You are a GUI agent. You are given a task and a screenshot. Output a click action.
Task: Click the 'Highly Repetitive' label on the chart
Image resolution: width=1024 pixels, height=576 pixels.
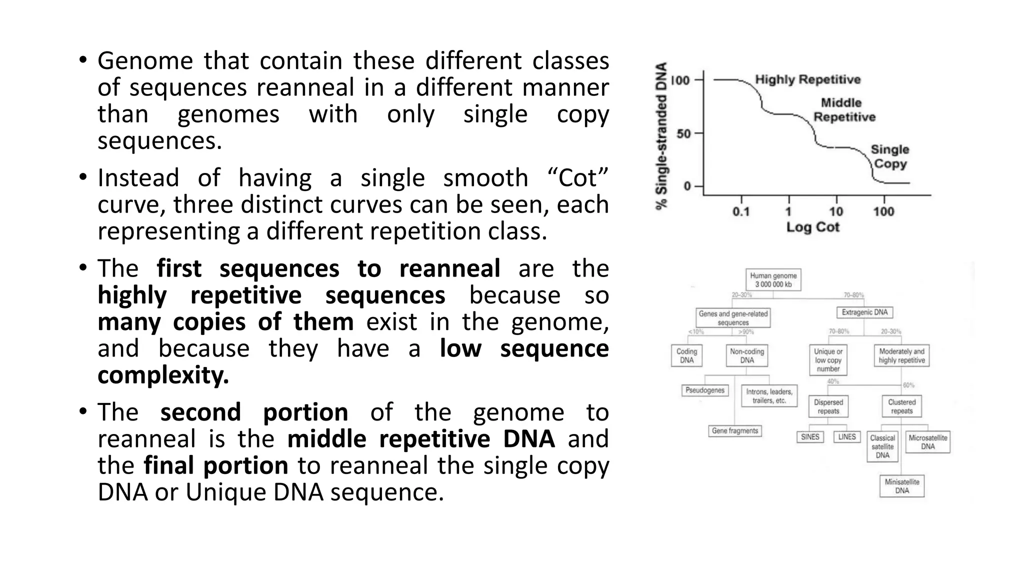pyautogui.click(x=807, y=79)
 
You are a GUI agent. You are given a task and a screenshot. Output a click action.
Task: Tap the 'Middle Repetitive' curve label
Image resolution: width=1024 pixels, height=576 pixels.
pyautogui.click(x=844, y=110)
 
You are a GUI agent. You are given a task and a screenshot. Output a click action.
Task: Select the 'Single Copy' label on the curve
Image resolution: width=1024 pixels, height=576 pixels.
pyautogui.click(x=889, y=156)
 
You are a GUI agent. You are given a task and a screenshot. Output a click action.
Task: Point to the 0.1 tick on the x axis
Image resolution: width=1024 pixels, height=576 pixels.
pyautogui.click(x=741, y=211)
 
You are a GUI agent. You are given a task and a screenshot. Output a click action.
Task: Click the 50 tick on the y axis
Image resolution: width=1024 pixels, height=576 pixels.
pyautogui.click(x=683, y=133)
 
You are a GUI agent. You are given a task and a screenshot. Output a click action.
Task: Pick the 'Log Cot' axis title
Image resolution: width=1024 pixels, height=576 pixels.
pyautogui.click(x=812, y=227)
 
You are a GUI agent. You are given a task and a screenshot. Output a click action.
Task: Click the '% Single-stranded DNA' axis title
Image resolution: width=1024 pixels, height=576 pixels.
pyautogui.click(x=662, y=136)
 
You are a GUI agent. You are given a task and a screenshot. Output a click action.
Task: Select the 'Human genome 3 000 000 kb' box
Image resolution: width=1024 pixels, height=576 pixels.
pyautogui.click(x=773, y=280)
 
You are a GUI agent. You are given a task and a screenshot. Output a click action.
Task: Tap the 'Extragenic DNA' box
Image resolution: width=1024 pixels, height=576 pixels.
pyautogui.click(x=864, y=312)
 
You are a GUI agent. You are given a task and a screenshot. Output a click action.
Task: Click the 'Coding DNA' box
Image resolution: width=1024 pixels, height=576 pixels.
pyautogui.click(x=686, y=356)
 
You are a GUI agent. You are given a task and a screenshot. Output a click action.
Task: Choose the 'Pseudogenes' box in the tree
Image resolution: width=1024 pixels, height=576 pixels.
pyautogui.click(x=705, y=390)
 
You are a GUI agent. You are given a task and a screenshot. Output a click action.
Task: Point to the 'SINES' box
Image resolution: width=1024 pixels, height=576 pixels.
pyautogui.click(x=810, y=437)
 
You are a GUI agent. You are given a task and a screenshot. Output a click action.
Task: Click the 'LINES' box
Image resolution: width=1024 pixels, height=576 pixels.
pyautogui.click(x=847, y=437)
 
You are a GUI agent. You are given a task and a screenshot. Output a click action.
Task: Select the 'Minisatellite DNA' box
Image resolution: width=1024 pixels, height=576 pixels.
pyautogui.click(x=902, y=486)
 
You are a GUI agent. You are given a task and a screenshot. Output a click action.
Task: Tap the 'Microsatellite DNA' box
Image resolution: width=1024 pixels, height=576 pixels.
pyautogui.click(x=927, y=442)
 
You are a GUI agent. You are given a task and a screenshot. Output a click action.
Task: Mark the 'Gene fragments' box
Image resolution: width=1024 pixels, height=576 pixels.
pyautogui.click(x=735, y=431)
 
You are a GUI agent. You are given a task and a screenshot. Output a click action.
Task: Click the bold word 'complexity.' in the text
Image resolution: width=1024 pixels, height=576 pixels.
pyautogui.click(x=163, y=375)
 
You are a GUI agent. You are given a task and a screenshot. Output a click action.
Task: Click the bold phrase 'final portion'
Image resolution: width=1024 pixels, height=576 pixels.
pyautogui.click(x=215, y=465)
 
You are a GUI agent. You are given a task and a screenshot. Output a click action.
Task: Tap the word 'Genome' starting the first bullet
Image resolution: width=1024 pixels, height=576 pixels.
pyautogui.click(x=145, y=61)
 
